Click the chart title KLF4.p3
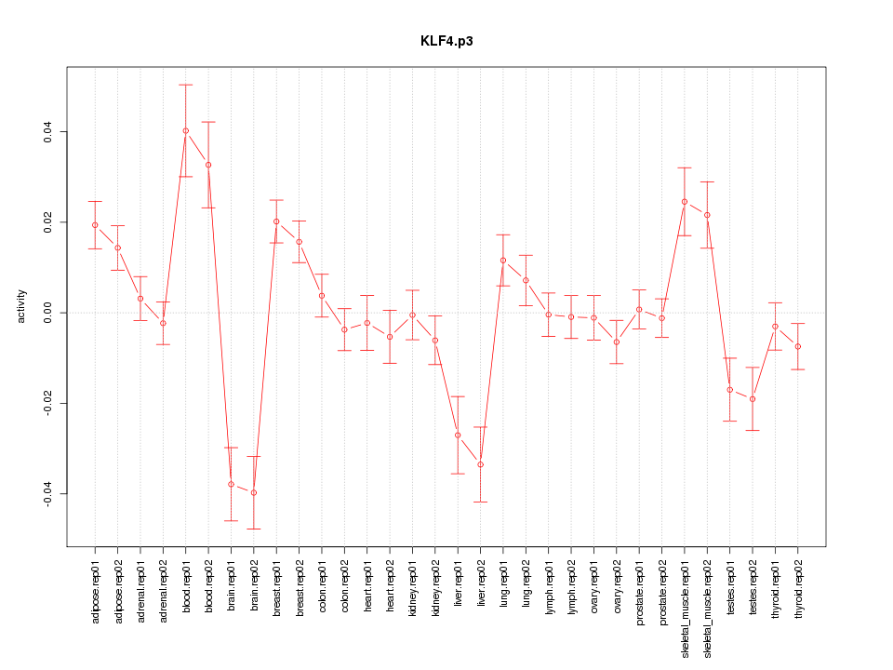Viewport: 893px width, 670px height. coord(446,42)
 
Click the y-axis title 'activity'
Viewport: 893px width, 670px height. coord(21,306)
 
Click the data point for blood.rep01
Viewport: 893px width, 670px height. coord(186,131)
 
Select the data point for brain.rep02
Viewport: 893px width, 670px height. coord(254,492)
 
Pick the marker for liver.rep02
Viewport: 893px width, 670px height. coord(481,464)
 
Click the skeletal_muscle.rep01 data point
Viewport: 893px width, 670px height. coord(685,201)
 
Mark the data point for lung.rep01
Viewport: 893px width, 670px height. coord(503,261)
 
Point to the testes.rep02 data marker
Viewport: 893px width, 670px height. coord(753,399)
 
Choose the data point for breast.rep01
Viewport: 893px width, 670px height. coord(276,221)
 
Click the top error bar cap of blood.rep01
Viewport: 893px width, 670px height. coord(186,85)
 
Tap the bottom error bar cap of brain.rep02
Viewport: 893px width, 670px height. coord(254,529)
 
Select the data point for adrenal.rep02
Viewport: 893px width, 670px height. coord(163,323)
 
